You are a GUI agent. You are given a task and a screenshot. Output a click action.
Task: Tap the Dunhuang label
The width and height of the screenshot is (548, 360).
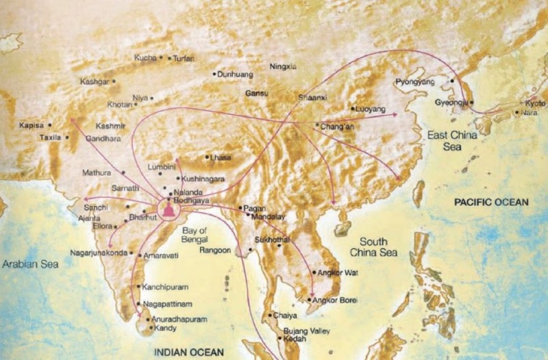pos(236,73)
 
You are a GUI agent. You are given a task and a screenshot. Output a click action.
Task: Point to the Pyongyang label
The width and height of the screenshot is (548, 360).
pos(416,82)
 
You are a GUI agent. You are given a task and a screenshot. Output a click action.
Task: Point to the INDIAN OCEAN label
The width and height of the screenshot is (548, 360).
pos(188,352)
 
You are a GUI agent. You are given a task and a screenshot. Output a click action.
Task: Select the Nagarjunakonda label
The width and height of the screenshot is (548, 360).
pos(98,253)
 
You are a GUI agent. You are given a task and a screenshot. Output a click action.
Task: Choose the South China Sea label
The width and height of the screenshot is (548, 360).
pos(373,247)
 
